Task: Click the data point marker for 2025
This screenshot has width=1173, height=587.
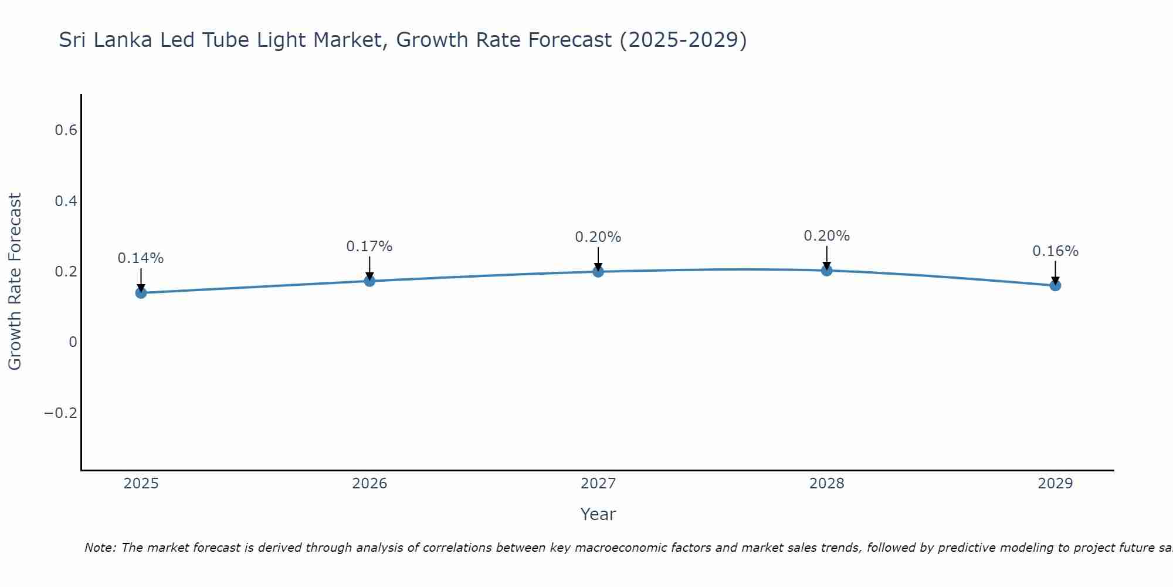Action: (141, 292)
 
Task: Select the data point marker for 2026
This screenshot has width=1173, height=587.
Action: (369, 281)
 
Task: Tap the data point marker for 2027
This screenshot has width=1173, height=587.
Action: (598, 271)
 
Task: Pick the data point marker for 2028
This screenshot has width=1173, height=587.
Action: (826, 270)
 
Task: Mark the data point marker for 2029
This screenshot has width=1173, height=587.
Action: (1055, 285)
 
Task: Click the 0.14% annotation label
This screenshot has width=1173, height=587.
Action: (141, 258)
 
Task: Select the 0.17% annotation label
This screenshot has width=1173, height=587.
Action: (369, 247)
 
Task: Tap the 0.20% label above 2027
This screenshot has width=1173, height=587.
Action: (598, 237)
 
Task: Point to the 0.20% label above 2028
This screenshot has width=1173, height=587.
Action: (826, 236)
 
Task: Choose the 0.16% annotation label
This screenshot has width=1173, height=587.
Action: (1055, 251)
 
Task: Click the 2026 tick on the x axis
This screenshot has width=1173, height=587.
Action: (369, 484)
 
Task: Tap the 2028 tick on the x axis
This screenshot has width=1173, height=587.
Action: (826, 484)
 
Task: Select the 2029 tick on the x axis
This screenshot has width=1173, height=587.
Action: (1055, 484)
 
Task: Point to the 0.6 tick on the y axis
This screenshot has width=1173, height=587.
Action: (66, 130)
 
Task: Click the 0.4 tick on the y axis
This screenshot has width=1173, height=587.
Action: (66, 201)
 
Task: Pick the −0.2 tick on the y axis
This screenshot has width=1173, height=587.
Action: (60, 413)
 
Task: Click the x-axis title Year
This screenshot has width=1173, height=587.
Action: (598, 514)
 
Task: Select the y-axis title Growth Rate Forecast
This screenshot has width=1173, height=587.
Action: (15, 282)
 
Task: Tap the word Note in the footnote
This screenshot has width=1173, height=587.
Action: (99, 548)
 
